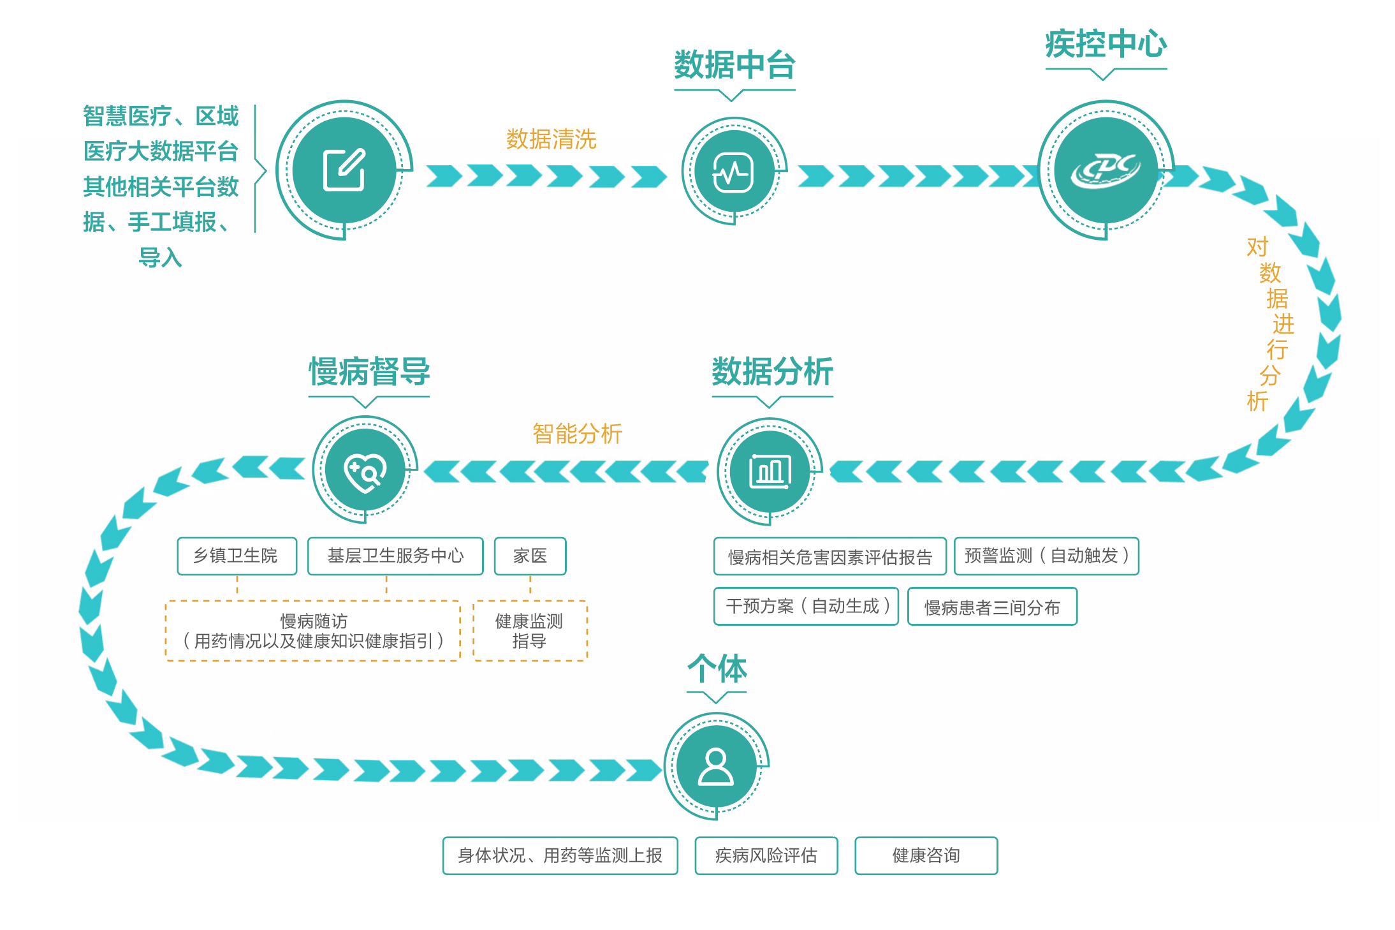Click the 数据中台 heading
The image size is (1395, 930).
pyautogui.click(x=734, y=65)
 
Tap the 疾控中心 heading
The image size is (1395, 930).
pyautogui.click(x=1106, y=45)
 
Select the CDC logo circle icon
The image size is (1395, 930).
pyautogui.click(x=1106, y=170)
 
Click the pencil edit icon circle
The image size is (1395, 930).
pyautogui.click(x=344, y=170)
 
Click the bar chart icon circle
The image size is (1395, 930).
pyautogui.click(x=770, y=472)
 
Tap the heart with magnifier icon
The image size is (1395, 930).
pyautogui.click(x=365, y=471)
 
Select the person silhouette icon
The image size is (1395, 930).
pyautogui.click(x=716, y=766)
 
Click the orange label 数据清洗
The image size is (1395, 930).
pyautogui.click(x=551, y=139)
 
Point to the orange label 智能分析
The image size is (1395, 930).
pyautogui.click(x=577, y=434)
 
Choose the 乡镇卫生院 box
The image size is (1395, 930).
pyautogui.click(x=237, y=556)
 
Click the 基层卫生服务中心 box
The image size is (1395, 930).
pyautogui.click(x=395, y=556)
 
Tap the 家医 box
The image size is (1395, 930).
pyautogui.click(x=530, y=556)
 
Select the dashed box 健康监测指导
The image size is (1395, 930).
pyautogui.click(x=530, y=631)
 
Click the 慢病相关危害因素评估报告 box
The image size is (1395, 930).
pyautogui.click(x=829, y=557)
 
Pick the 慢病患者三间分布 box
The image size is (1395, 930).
pyautogui.click(x=992, y=607)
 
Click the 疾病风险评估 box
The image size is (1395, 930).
pyautogui.click(x=766, y=856)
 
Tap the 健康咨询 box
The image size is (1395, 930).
pyautogui.click(x=926, y=856)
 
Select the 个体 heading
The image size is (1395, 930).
pyautogui.click(x=717, y=669)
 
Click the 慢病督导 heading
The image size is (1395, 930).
pyautogui.click(x=369, y=372)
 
